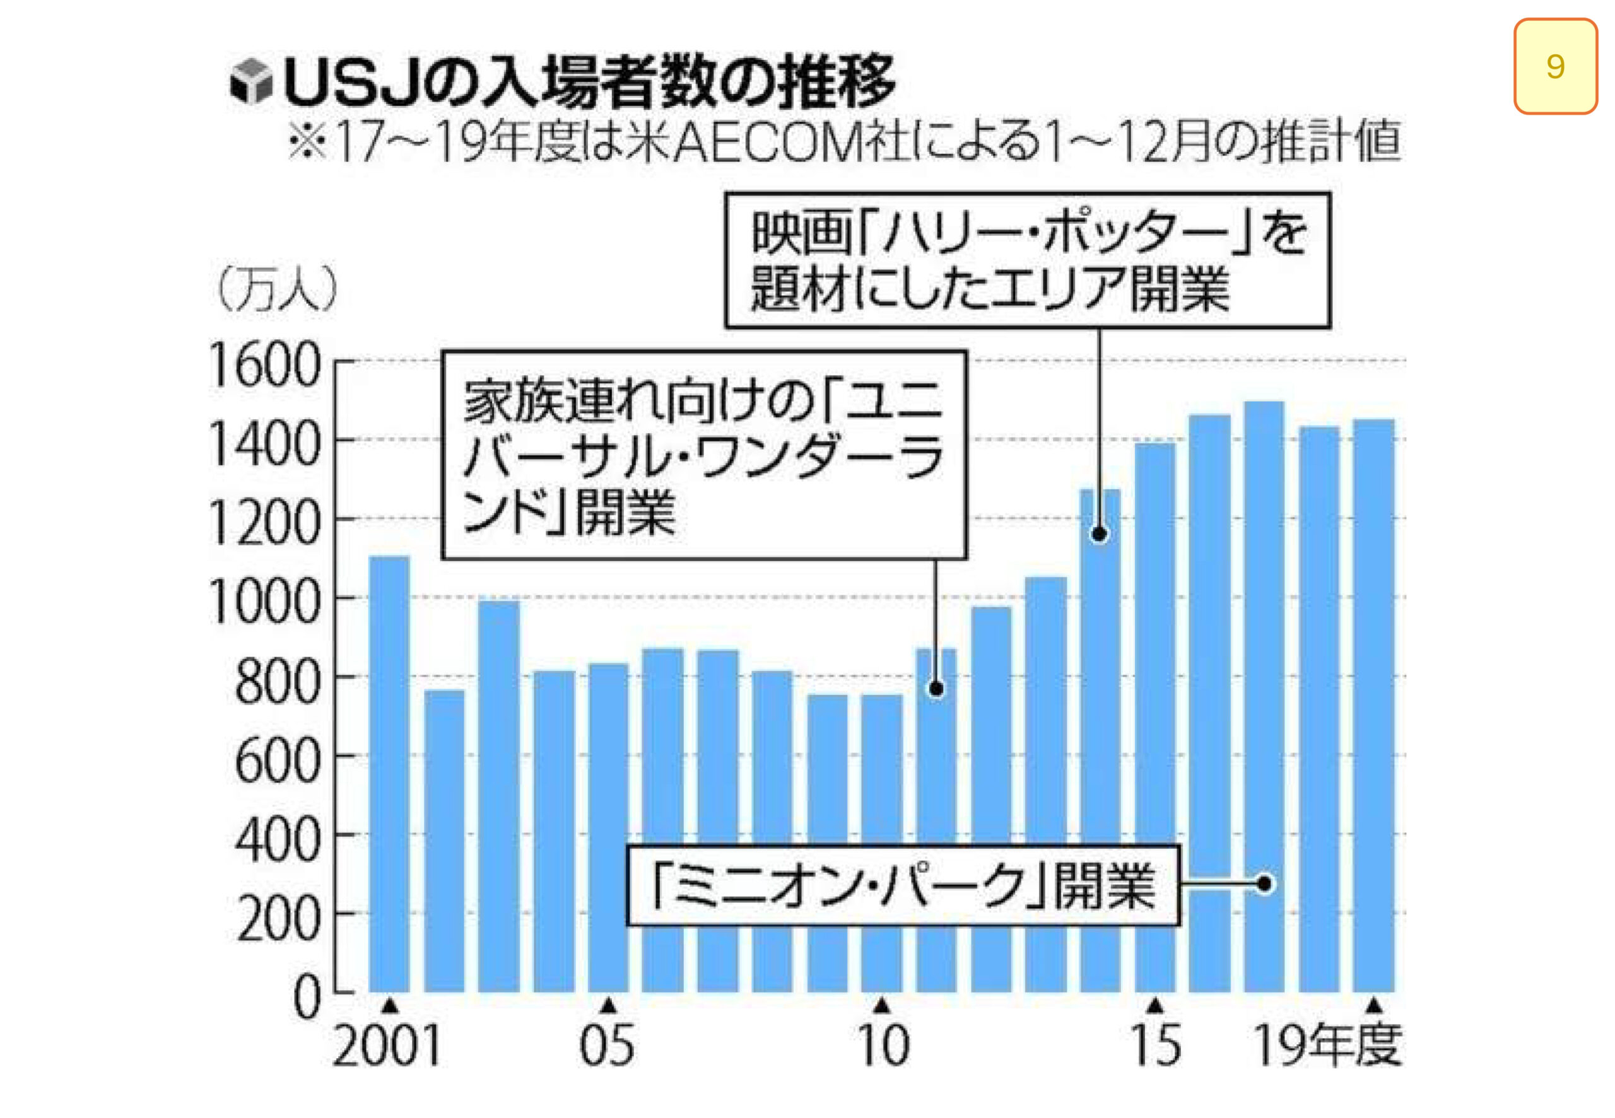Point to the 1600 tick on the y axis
[264, 366]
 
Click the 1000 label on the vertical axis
[264, 602]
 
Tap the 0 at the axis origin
[306, 998]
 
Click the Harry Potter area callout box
[1027, 260]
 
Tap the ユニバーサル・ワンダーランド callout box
[703, 455]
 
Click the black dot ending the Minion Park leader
[1264, 884]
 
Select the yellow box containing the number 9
[1554, 67]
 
